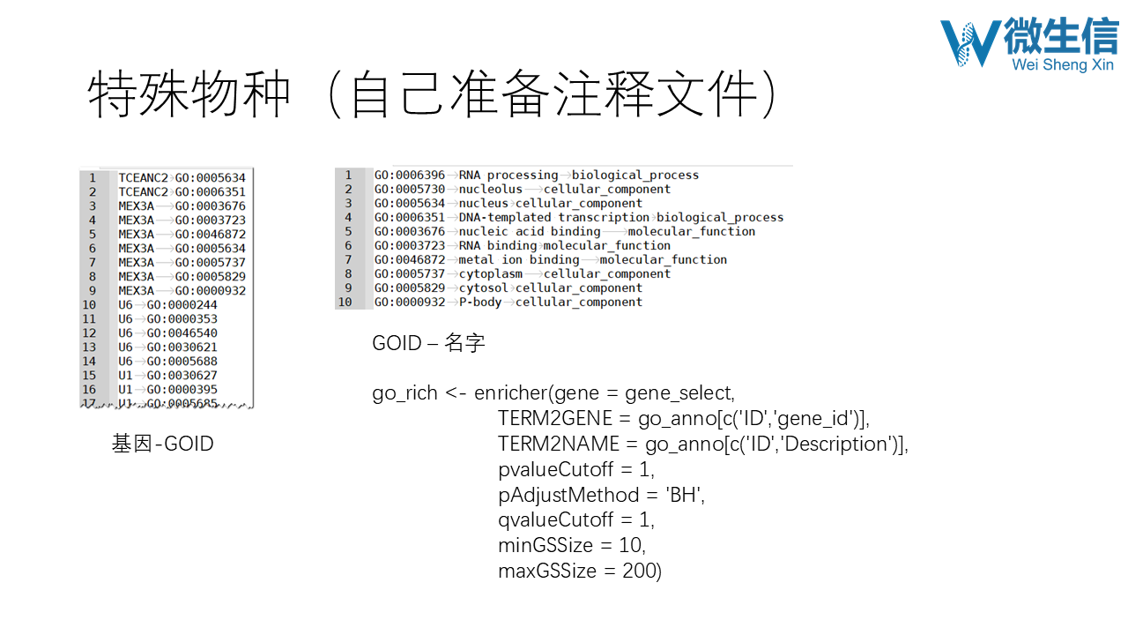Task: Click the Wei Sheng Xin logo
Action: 1028,44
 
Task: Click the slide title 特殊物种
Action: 189,95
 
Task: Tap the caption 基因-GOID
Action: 162,444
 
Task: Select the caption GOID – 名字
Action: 428,343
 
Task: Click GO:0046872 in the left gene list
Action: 210,234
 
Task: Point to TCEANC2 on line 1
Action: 143,177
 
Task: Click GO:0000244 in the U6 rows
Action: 182,304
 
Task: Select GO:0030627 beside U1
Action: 182,375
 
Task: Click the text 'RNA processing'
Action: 508,175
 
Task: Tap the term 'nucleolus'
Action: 490,189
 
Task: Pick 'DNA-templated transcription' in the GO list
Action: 553,217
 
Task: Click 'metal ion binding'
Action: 518,259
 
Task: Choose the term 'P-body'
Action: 479,302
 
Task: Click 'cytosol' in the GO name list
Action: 483,288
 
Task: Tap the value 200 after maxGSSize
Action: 638,571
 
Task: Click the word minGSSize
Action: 545,545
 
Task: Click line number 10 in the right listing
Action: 345,302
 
